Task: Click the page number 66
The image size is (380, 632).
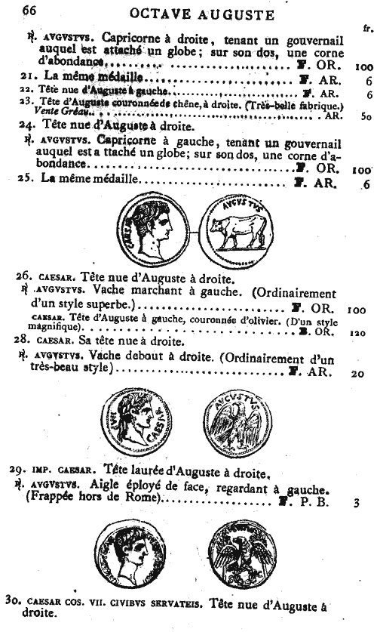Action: [x=17, y=10]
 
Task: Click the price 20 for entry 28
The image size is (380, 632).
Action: [x=357, y=373]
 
